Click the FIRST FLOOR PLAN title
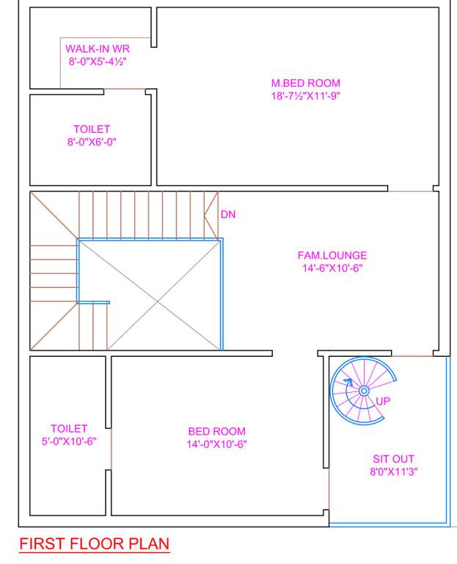click(x=94, y=544)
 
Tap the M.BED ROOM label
click(x=305, y=84)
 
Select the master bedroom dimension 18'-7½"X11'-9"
click(x=305, y=95)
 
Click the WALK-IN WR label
click(x=98, y=49)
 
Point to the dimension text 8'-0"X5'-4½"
click(x=98, y=62)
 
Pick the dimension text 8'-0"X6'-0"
click(x=92, y=142)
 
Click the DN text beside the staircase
click(x=228, y=214)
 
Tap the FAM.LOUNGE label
click(x=332, y=256)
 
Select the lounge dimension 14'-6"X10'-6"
click(x=332, y=268)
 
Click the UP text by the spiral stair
click(x=383, y=401)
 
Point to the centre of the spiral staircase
click(x=364, y=391)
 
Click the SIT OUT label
click(x=394, y=459)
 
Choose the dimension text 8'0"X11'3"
click(x=394, y=471)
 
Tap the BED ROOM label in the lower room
click(x=216, y=432)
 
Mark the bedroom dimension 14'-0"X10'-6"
click(x=216, y=444)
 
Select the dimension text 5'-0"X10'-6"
click(x=69, y=441)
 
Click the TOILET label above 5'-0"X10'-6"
click(x=69, y=428)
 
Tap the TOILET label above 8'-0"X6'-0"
click(x=92, y=129)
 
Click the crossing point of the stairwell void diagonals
click(x=150, y=294)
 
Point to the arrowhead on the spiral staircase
click(x=350, y=383)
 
